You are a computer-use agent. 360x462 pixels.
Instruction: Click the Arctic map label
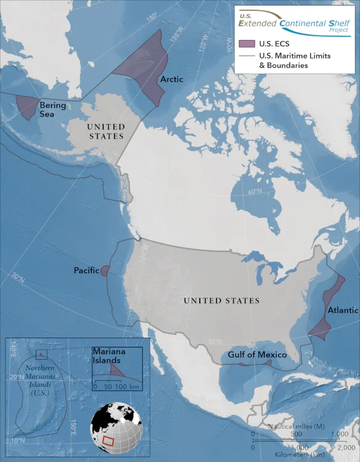click(171, 79)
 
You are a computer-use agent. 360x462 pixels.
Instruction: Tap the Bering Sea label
click(52, 110)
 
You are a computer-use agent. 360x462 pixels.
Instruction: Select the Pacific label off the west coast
click(86, 270)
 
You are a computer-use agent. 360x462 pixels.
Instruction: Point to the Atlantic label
click(343, 310)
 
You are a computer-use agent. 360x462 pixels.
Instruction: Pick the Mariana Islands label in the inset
click(110, 355)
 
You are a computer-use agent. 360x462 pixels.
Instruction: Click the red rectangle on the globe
click(108, 441)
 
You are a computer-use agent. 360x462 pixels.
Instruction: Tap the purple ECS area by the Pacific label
click(105, 271)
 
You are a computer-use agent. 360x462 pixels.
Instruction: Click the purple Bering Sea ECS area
click(27, 107)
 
